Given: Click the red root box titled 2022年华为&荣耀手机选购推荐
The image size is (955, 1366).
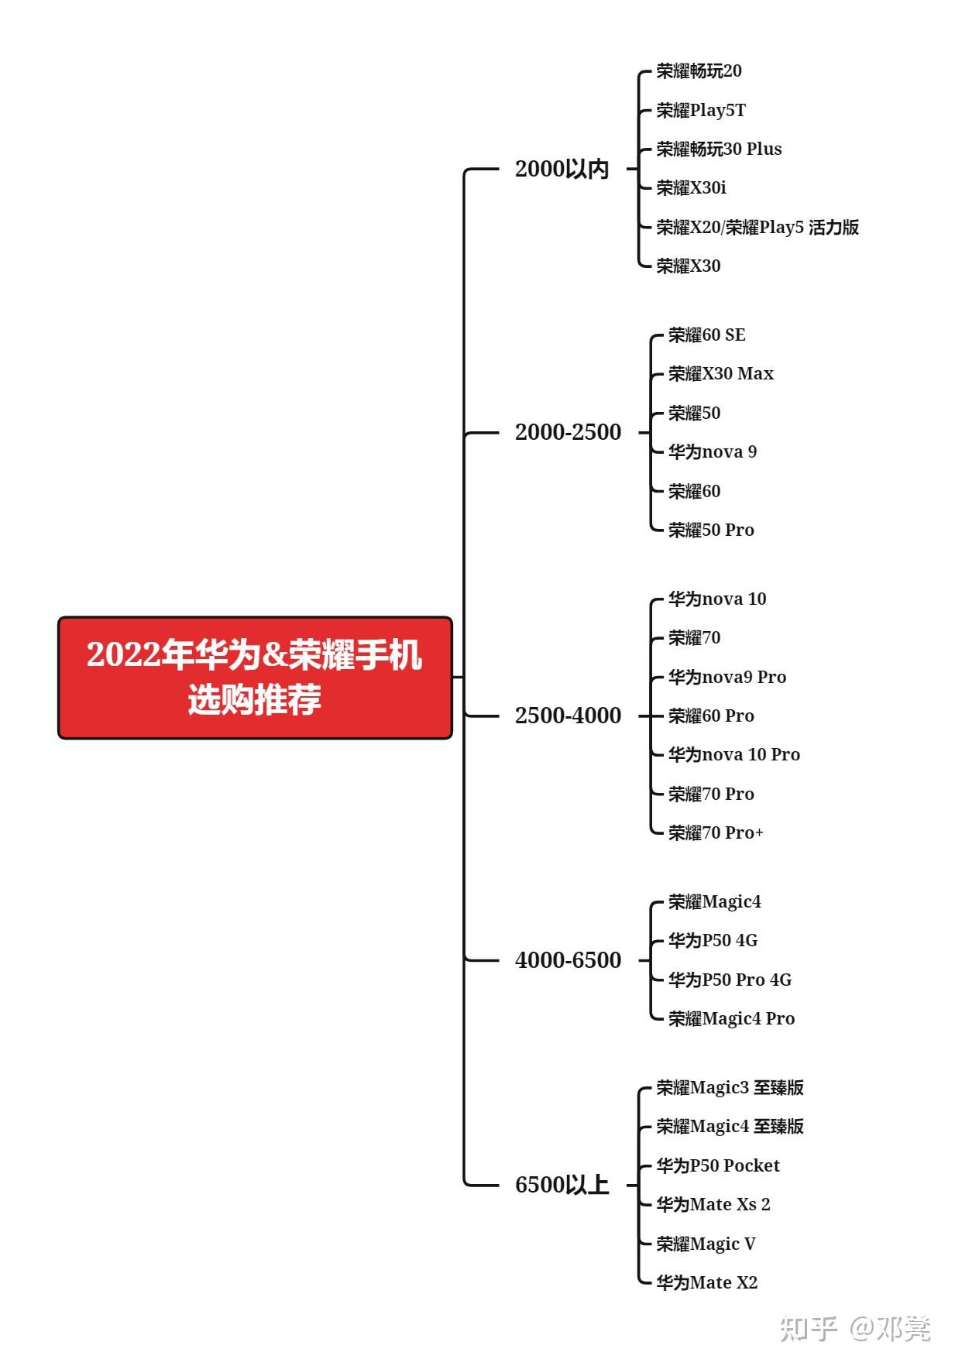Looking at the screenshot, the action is click(x=255, y=678).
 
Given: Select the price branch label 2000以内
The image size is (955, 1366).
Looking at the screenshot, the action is click(x=562, y=169).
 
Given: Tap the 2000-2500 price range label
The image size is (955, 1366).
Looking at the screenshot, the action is click(x=568, y=432).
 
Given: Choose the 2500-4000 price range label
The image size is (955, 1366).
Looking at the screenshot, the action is click(x=568, y=716).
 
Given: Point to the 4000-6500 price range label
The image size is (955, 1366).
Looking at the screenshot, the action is click(x=568, y=960).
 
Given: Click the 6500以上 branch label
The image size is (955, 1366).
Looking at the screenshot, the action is click(x=562, y=1185).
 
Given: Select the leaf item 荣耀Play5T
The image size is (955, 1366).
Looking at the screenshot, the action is click(x=701, y=110).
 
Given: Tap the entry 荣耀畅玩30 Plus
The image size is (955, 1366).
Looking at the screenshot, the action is click(x=719, y=149).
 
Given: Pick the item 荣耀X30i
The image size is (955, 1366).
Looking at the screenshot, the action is click(x=691, y=187).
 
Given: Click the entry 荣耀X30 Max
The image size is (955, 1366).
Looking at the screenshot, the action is click(x=720, y=374).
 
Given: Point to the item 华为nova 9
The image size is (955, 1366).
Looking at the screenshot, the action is click(x=712, y=451).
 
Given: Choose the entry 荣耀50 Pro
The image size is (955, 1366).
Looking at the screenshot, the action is click(x=710, y=530).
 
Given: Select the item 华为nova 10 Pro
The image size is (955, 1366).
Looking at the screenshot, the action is click(x=733, y=754).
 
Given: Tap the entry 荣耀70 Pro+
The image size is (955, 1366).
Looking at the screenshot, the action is click(x=715, y=832).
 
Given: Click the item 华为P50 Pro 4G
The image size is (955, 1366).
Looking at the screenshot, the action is click(x=730, y=980).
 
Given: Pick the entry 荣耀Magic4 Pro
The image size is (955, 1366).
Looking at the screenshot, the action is click(x=731, y=1018).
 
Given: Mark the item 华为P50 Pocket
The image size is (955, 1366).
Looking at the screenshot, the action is click(x=717, y=1165).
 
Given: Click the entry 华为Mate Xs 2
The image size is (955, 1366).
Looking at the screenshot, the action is click(x=713, y=1204).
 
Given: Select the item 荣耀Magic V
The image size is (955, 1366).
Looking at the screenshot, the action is click(x=706, y=1244).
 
